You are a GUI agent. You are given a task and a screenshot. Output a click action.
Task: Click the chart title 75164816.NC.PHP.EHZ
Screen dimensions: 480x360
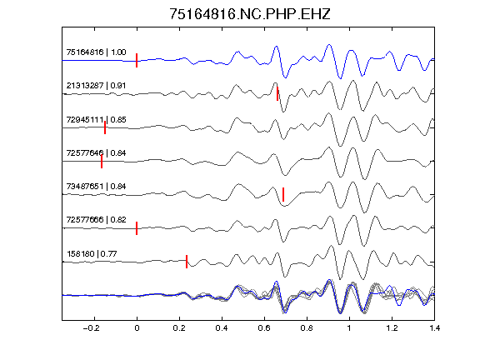pyautogui.click(x=250, y=14)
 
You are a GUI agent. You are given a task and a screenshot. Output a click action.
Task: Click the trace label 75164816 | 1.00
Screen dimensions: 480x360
pyautogui.click(x=96, y=52)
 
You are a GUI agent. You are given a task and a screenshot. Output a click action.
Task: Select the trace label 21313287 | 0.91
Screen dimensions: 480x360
pyautogui.click(x=96, y=85)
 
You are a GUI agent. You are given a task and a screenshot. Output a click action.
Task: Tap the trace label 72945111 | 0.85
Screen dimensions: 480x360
pyautogui.click(x=96, y=120)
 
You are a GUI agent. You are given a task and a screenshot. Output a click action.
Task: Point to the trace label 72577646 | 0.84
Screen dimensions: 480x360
pyautogui.click(x=96, y=153)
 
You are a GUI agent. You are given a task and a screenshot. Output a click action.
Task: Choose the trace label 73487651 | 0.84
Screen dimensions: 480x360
pyautogui.click(x=96, y=187)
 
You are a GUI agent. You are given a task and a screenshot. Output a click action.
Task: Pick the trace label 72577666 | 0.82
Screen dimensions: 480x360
pyautogui.click(x=96, y=220)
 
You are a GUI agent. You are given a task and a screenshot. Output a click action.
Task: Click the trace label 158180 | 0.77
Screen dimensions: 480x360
pyautogui.click(x=92, y=254)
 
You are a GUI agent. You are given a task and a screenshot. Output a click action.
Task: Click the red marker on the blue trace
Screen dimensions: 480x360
pyautogui.click(x=137, y=60)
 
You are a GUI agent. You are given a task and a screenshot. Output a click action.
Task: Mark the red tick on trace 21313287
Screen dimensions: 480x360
pyautogui.click(x=277, y=93)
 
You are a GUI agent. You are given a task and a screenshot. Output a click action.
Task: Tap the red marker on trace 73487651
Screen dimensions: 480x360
pyautogui.click(x=283, y=194)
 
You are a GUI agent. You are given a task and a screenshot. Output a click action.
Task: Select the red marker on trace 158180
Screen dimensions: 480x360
pyautogui.click(x=187, y=262)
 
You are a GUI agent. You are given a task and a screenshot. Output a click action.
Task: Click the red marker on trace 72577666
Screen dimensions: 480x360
pyautogui.click(x=137, y=228)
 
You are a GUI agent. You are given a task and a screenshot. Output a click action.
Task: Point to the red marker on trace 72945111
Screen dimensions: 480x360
pyautogui.click(x=105, y=127)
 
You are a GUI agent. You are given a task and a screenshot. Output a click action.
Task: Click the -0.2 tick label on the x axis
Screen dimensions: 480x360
pyautogui.click(x=92, y=328)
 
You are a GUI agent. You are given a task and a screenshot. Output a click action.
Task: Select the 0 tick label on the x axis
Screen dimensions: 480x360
pyautogui.click(x=137, y=328)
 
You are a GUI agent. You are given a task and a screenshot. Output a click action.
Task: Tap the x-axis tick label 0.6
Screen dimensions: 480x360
pyautogui.click(x=264, y=328)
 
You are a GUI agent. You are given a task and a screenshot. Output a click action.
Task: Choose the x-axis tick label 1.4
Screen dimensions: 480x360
pyautogui.click(x=434, y=328)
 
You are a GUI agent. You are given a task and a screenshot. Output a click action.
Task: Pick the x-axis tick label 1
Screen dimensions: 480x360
pyautogui.click(x=349, y=328)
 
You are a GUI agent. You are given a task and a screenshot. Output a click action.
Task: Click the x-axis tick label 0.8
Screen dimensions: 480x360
pyautogui.click(x=307, y=328)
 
